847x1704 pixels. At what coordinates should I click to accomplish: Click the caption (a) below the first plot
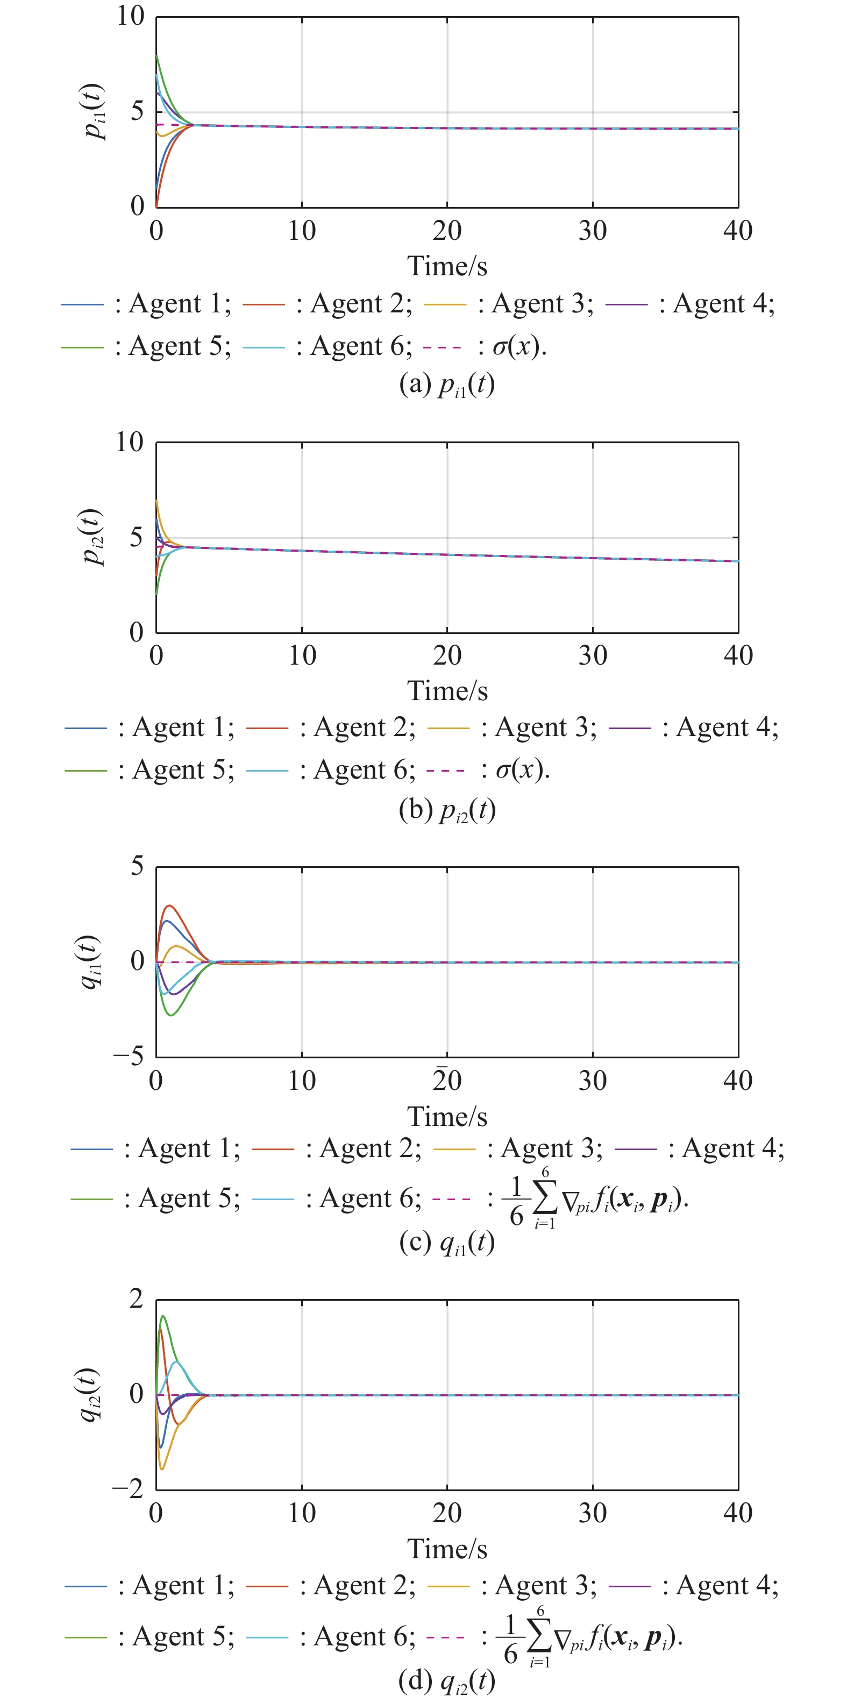(x=447, y=384)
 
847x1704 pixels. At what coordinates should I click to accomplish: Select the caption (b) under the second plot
(x=447, y=810)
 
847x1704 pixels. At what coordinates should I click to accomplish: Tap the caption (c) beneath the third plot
(x=447, y=1243)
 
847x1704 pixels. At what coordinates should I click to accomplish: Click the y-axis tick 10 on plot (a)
(x=130, y=16)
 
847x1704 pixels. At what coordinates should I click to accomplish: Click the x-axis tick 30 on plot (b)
(x=592, y=655)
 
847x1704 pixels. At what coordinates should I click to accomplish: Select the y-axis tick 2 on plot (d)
(x=136, y=1299)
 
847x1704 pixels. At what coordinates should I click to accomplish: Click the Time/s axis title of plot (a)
(x=447, y=266)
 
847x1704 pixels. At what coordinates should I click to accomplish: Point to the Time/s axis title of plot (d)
(x=447, y=1549)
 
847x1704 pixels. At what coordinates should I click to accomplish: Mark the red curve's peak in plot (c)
(x=170, y=906)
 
